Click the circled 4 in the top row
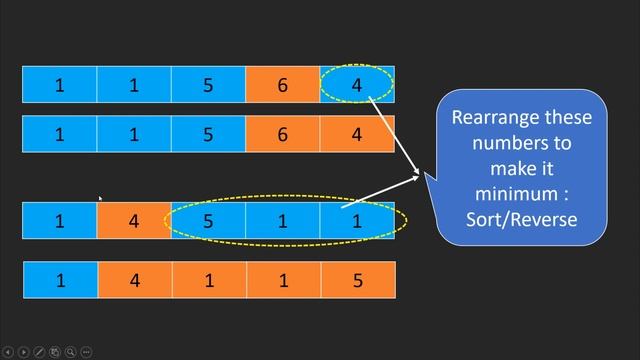pos(357,85)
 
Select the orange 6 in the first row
pos(283,85)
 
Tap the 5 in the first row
pos(208,85)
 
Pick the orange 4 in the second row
pos(357,134)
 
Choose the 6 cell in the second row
pos(283,134)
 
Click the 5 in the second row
pos(208,134)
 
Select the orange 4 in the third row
pos(134,220)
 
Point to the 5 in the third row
pos(208,220)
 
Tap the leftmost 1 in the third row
pos(60,220)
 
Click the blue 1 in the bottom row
pos(60,280)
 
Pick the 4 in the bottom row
pos(134,280)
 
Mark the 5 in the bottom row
pos(357,280)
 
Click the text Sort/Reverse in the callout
pos(522,218)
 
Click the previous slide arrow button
pos(9,351)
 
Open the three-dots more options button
pos(86,351)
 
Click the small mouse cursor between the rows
pos(100,198)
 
